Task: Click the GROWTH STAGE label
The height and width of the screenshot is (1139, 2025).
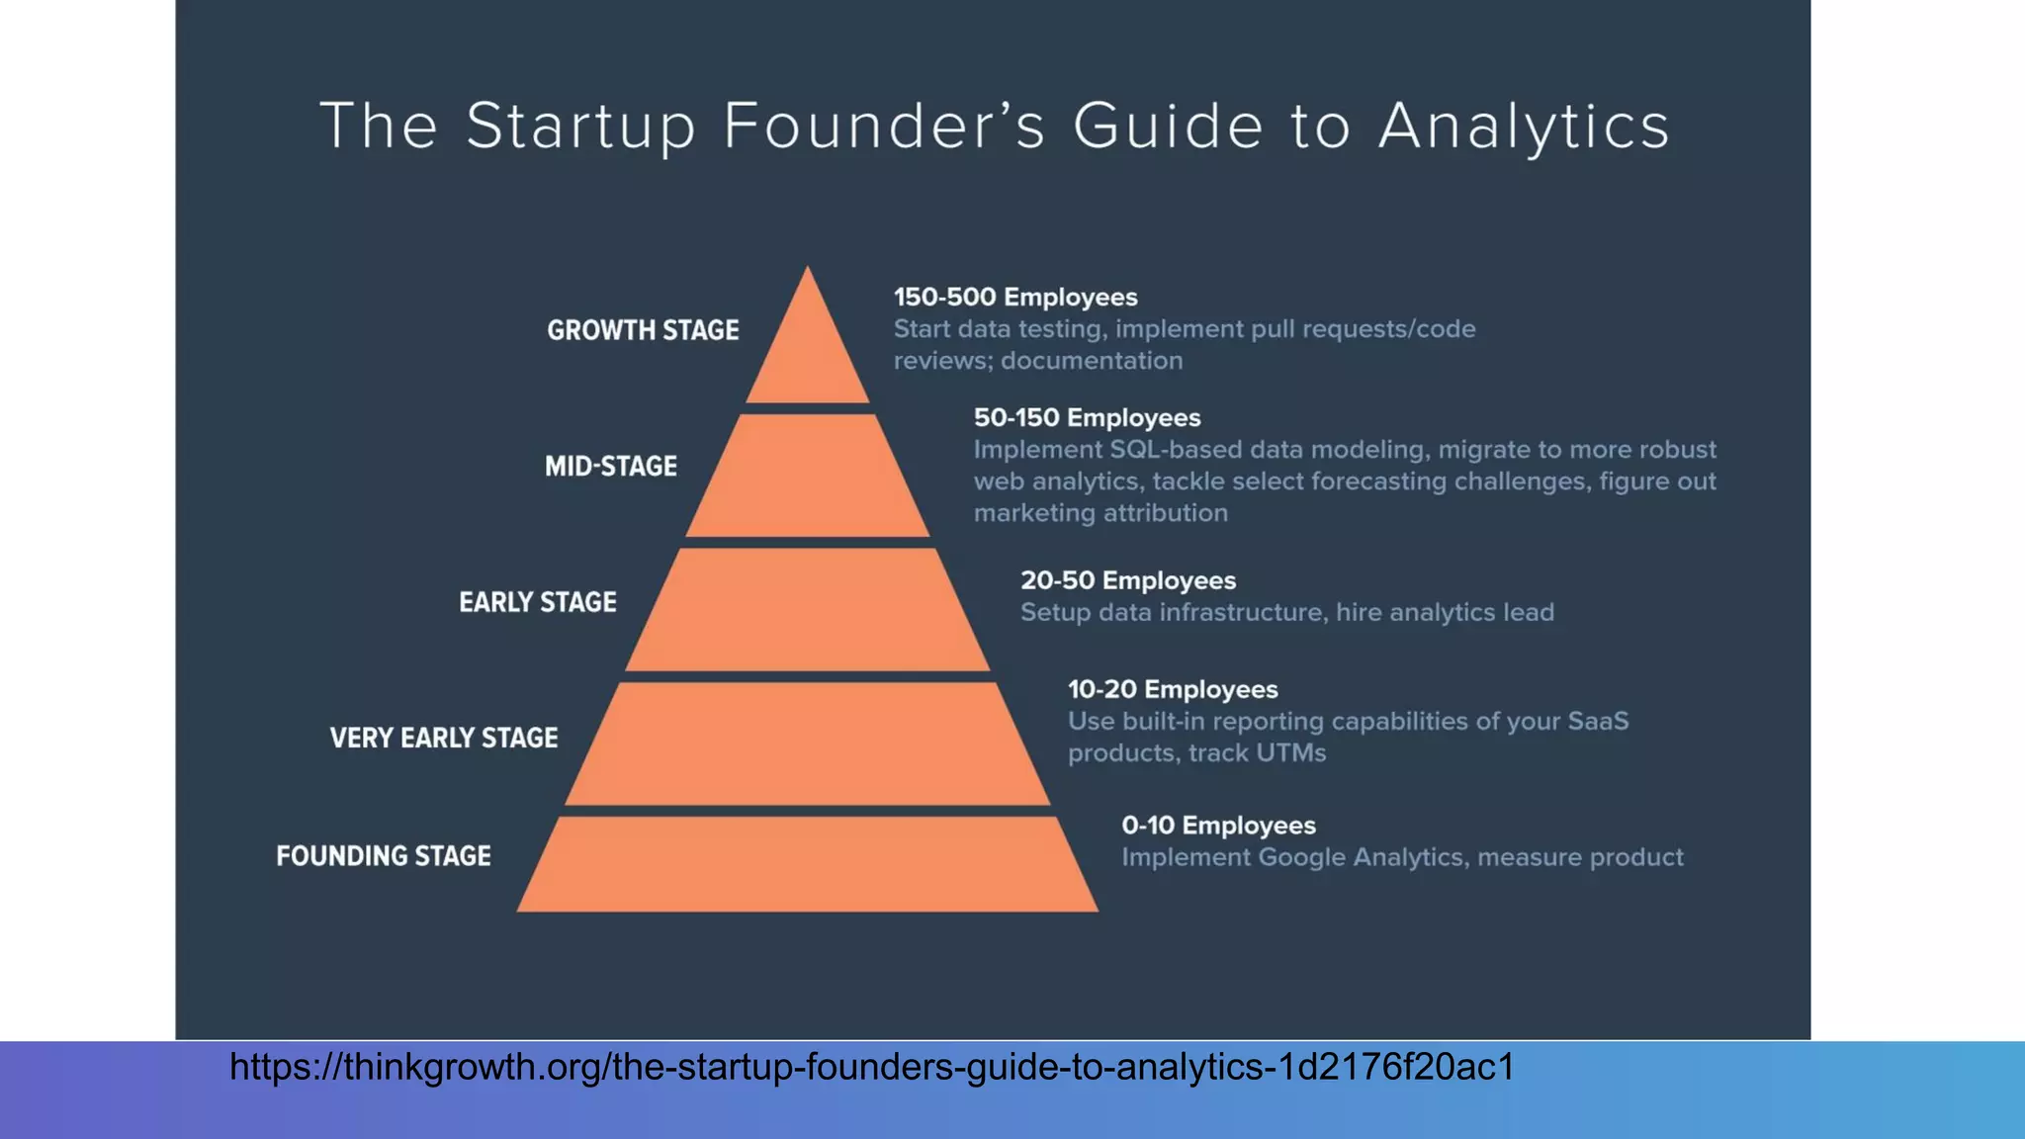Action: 643,330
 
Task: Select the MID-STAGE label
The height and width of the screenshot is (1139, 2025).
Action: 611,466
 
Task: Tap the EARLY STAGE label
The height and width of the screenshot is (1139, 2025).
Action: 538,602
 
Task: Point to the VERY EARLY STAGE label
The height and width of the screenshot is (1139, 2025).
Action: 444,738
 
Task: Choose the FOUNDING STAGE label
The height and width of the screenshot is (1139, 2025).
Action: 384,855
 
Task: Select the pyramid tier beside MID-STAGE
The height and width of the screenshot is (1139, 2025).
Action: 808,477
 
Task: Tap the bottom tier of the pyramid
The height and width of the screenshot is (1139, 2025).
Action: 808,864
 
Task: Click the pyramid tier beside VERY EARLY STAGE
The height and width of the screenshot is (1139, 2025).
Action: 808,744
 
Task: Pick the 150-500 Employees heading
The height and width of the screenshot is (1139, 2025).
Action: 1015,298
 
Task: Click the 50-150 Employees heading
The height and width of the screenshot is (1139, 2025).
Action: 1087,418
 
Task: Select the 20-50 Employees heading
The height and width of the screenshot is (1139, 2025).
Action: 1128,580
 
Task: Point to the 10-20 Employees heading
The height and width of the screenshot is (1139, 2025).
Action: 1173,689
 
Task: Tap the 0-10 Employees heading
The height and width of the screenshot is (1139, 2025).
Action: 1218,826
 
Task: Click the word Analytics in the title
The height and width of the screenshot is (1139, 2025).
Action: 1524,127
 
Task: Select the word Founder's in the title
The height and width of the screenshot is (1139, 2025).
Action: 884,127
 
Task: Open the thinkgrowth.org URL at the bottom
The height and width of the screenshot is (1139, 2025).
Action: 871,1067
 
